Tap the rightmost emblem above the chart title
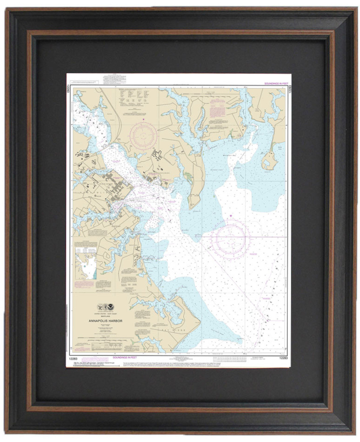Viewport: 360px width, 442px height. pyautogui.click(x=111, y=307)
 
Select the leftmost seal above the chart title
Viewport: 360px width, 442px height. pyautogui.click(x=100, y=307)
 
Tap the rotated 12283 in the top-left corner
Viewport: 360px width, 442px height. pyautogui.click(x=68, y=89)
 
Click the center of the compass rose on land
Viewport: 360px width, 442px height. pyautogui.click(x=144, y=136)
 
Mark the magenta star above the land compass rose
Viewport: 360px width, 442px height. pyautogui.click(x=144, y=120)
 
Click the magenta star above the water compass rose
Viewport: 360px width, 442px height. pyautogui.click(x=230, y=216)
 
